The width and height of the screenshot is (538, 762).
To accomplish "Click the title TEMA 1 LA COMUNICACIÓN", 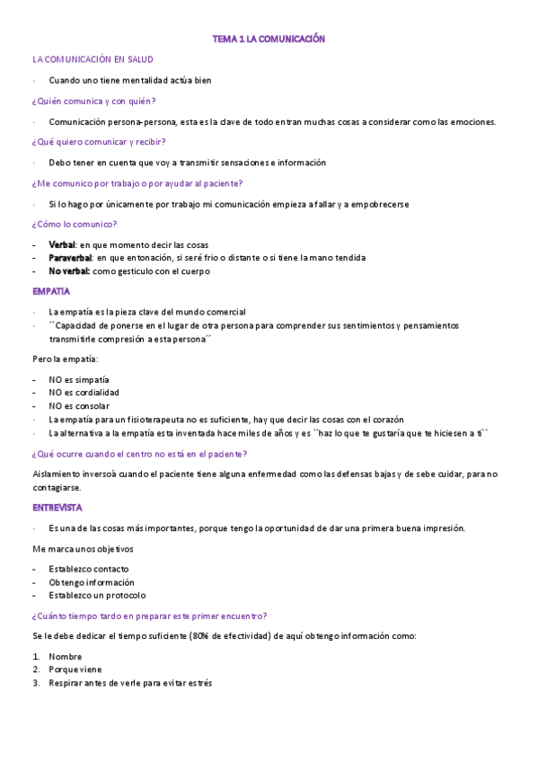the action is (x=268, y=40).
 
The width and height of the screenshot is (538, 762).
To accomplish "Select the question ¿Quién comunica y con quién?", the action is (x=93, y=101).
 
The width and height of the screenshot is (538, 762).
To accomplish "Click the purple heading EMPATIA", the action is (x=50, y=291).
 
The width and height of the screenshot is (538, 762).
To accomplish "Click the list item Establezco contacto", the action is (x=89, y=569).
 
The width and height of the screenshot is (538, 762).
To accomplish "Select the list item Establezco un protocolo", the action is (x=97, y=596).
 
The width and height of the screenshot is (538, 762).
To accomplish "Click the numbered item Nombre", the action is (x=66, y=657).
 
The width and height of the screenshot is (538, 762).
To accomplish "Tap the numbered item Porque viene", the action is (x=75, y=669).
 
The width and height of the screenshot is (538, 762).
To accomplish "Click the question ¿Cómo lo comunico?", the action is (x=75, y=225).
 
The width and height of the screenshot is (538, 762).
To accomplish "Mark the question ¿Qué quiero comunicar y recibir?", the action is (x=99, y=142).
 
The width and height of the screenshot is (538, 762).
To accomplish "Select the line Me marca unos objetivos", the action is (x=83, y=549).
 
